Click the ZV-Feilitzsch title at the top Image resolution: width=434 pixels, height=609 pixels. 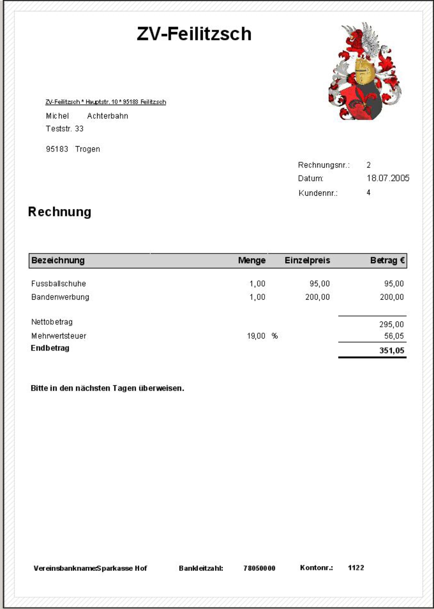(x=194, y=34)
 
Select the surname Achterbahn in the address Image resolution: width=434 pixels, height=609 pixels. (x=107, y=116)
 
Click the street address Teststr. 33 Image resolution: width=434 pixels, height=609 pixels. (x=65, y=129)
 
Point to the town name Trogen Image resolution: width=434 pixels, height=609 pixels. (x=87, y=149)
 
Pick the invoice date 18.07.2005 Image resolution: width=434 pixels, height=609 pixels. (x=388, y=178)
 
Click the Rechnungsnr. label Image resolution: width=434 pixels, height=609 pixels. (x=323, y=165)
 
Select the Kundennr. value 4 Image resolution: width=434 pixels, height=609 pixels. (x=368, y=192)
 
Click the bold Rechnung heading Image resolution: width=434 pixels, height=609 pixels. (x=60, y=212)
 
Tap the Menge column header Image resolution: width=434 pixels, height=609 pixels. (x=252, y=261)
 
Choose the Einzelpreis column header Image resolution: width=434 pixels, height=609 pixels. (x=307, y=261)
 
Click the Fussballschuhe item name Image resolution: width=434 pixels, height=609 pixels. (x=59, y=284)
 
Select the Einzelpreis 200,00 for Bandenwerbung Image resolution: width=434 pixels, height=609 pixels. (x=317, y=297)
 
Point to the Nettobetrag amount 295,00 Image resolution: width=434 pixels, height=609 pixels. (x=391, y=324)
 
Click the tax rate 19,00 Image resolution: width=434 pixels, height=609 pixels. (x=256, y=336)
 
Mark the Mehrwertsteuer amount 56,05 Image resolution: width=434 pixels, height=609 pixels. (x=394, y=336)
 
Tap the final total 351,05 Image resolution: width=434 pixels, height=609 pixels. (x=392, y=350)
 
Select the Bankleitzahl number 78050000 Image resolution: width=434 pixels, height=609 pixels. (x=259, y=568)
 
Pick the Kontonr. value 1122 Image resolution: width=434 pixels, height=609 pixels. (x=356, y=568)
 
